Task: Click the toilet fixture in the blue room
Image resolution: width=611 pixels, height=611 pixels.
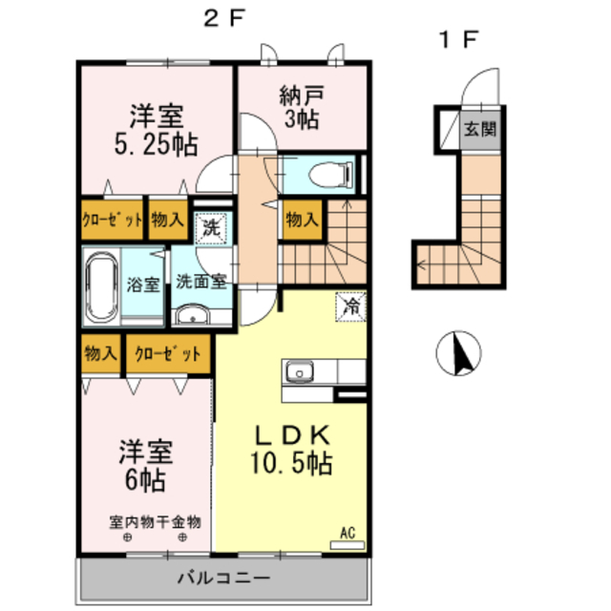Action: pos(331,174)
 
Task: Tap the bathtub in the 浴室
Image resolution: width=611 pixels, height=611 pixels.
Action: pos(102,286)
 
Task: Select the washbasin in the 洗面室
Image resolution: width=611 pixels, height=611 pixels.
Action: pos(193,315)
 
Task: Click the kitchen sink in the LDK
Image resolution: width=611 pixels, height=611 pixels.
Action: pos(299,371)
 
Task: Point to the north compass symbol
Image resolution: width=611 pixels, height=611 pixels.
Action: pos(458,353)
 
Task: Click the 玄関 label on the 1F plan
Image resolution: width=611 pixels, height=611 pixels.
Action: pos(480,129)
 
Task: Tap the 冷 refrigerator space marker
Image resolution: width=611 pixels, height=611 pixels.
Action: pos(351,306)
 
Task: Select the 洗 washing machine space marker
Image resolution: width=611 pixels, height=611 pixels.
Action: pos(211,228)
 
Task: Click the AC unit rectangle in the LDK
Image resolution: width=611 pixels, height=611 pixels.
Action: pos(348,545)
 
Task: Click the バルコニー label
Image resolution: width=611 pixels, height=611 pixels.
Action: pos(223,578)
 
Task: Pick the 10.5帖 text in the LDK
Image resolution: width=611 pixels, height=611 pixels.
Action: pos(291,463)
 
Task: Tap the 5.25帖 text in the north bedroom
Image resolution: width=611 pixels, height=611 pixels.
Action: pos(157,144)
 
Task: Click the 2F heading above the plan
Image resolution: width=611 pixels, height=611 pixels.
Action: pos(224,18)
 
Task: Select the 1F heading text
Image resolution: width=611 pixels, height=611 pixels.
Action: pos(458,40)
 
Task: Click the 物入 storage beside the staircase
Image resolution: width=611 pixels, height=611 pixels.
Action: pos(302,220)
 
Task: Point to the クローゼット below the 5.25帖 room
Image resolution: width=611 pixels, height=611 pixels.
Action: pos(113,220)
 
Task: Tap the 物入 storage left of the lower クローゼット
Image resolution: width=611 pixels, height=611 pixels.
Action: pos(100,353)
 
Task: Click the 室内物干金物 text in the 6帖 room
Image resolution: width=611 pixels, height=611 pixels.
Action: pos(155,522)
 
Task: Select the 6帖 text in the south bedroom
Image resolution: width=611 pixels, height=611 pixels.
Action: pos(145,480)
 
